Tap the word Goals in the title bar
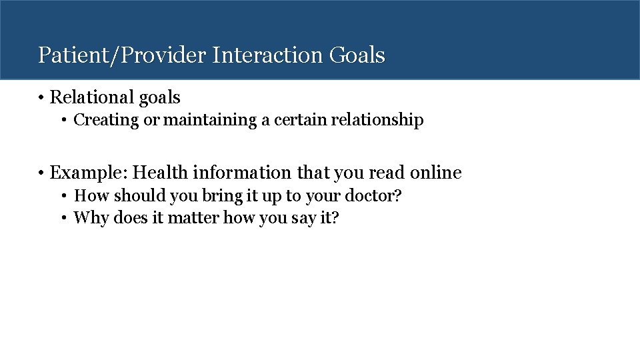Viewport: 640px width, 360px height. (357, 55)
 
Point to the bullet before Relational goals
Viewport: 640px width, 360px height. (41, 98)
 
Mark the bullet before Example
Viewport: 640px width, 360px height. (41, 173)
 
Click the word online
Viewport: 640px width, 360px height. (435, 173)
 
